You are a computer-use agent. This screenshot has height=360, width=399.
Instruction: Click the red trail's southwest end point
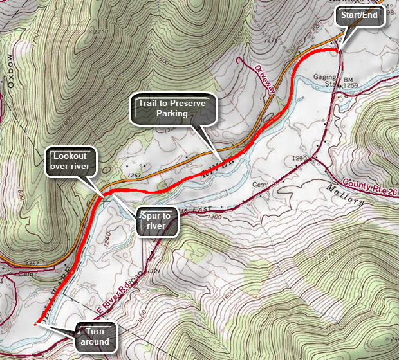[35, 325]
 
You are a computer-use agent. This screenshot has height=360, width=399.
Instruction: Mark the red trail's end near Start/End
[337, 50]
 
